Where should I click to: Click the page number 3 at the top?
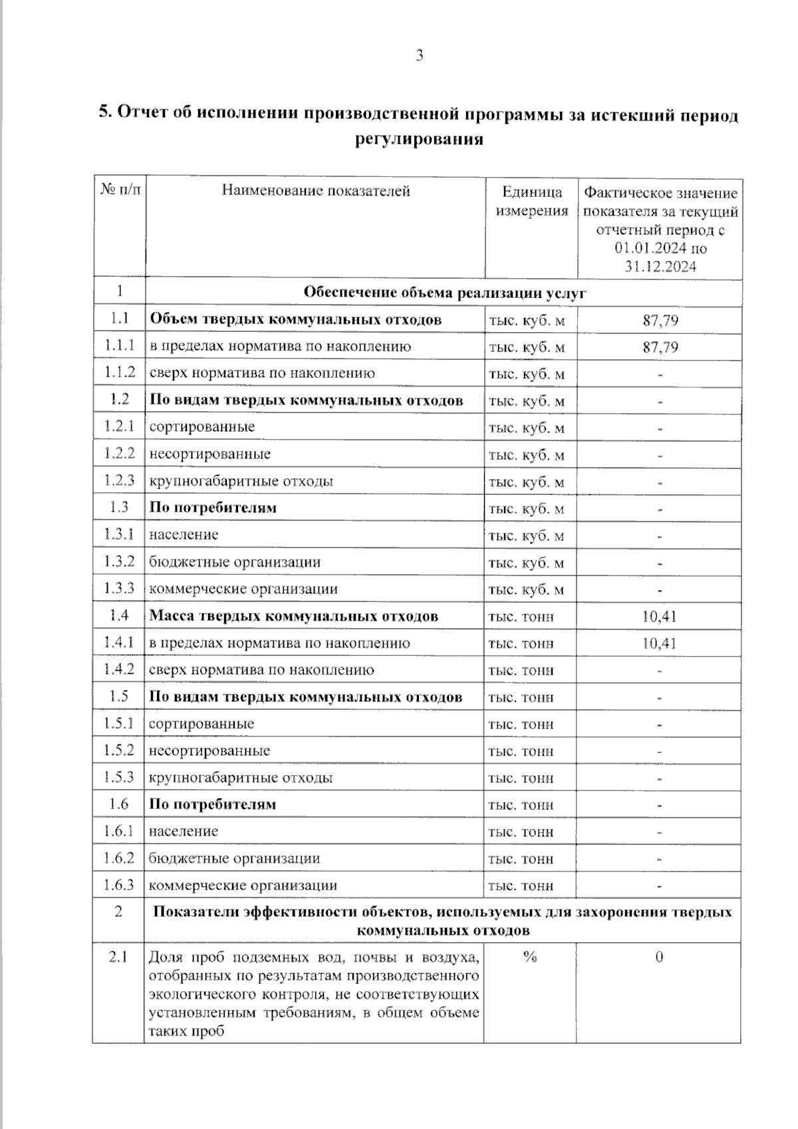point(420,56)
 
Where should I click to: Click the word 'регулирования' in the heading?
point(418,140)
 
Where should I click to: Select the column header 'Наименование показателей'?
point(316,191)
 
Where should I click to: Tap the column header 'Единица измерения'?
point(531,202)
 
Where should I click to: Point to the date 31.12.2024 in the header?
point(660,267)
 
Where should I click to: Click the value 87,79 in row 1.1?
point(660,320)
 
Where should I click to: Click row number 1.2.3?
point(119,480)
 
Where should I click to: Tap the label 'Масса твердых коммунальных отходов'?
point(293,616)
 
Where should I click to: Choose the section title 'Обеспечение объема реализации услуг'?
point(444,293)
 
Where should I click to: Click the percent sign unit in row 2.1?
point(530,957)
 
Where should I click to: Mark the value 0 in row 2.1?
point(659,958)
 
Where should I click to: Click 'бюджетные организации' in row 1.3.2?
point(235,562)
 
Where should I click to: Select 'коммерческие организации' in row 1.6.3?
point(243,886)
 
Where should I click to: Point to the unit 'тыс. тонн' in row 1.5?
point(521,697)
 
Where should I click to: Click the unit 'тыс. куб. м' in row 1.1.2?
point(527,374)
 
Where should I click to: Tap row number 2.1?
point(118,958)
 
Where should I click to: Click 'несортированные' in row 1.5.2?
point(209,751)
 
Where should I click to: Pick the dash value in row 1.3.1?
point(660,536)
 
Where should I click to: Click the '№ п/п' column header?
point(120,191)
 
